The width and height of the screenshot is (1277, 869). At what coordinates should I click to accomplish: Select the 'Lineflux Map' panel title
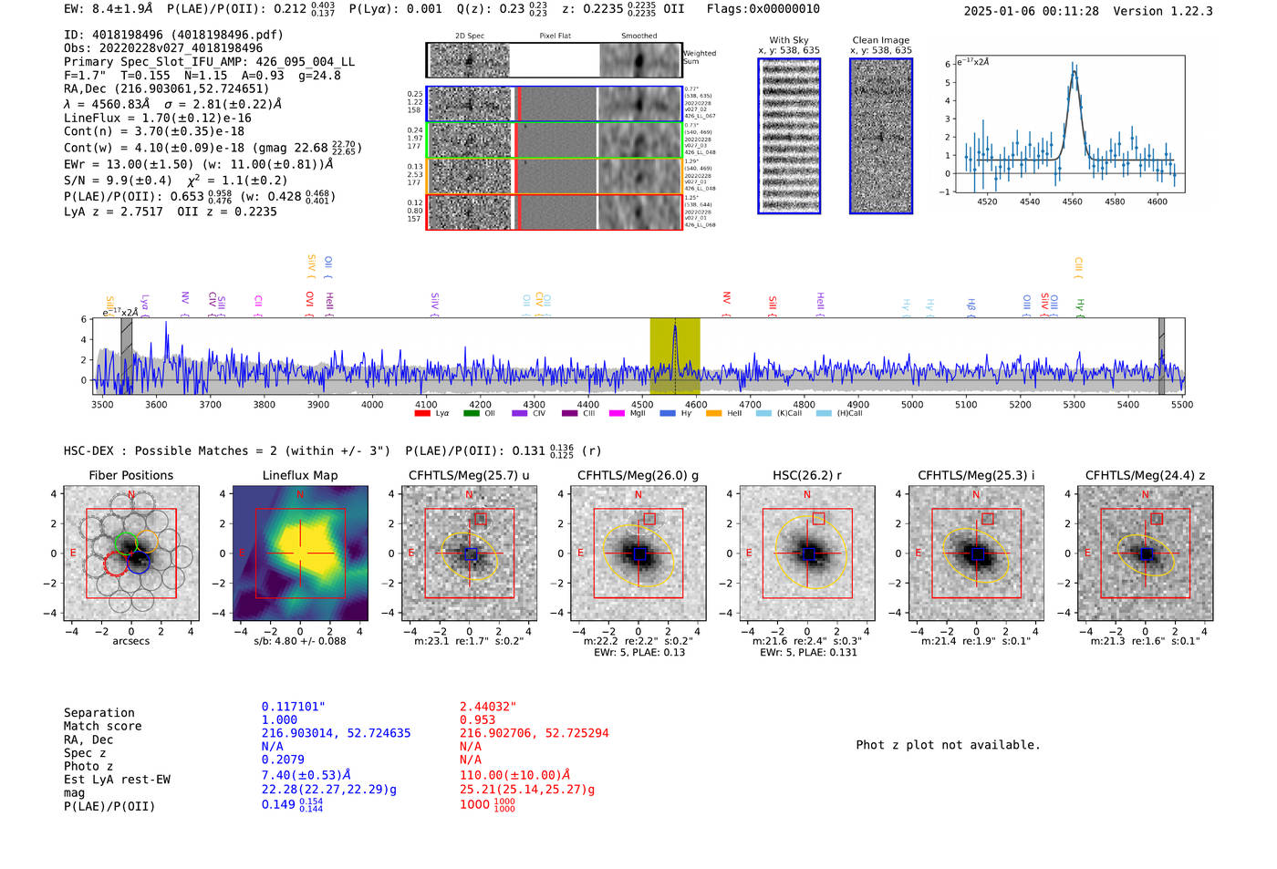[299, 475]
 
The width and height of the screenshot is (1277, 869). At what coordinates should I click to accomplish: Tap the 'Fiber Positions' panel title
[130, 475]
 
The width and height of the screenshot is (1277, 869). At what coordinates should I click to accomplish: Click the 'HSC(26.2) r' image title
[806, 475]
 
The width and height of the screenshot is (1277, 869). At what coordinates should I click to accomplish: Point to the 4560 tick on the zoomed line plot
[1072, 202]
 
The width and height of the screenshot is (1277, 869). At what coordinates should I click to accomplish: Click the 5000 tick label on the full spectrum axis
[911, 405]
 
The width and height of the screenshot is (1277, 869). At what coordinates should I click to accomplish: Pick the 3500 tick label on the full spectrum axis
[102, 405]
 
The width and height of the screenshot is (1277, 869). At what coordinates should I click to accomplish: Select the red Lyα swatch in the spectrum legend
[422, 414]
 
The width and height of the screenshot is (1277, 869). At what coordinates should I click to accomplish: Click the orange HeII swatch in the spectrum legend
[713, 414]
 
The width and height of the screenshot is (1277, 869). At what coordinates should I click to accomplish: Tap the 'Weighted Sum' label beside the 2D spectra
[700, 57]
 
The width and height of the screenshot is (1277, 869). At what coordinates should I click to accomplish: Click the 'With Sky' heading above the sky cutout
[788, 40]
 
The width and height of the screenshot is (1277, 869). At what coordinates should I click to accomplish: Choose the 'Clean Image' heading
[880, 40]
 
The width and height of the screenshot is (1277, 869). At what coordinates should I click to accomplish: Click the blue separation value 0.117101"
[293, 707]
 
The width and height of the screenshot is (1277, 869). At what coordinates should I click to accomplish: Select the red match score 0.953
[478, 720]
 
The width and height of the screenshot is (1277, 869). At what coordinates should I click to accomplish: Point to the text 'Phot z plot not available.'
[948, 745]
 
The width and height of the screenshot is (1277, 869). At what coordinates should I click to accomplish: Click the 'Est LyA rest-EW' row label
[117, 780]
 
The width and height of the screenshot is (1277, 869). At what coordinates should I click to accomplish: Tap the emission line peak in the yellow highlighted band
[675, 327]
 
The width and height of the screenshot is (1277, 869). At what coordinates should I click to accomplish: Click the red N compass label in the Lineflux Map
[300, 495]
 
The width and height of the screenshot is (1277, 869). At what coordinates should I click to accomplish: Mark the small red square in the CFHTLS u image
[481, 519]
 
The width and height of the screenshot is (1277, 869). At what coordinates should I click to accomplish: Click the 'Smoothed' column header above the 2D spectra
[638, 36]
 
